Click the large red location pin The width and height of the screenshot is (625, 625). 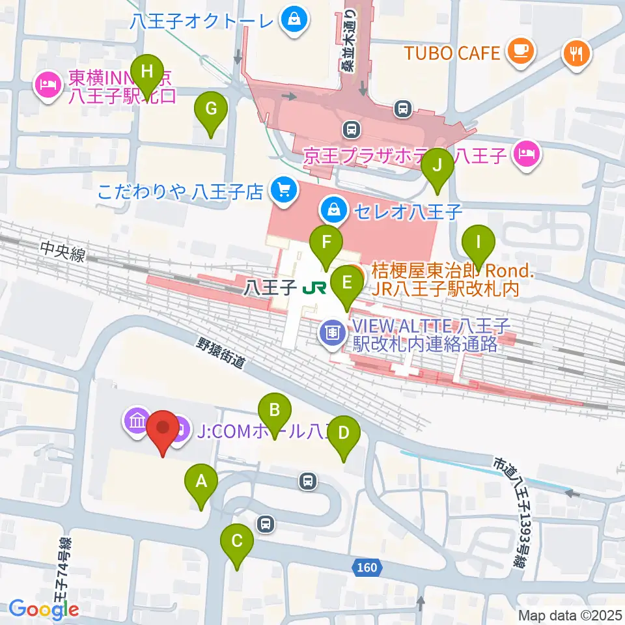click(162, 430)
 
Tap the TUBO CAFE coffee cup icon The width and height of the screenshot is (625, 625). click(520, 49)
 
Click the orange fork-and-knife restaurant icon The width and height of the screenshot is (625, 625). click(576, 53)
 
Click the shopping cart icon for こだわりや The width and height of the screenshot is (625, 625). click(285, 190)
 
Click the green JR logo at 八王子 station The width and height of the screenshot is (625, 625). click(313, 287)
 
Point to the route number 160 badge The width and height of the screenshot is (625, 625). click(367, 568)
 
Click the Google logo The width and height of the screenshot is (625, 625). click(44, 609)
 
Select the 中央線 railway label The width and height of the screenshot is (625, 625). click(62, 252)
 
